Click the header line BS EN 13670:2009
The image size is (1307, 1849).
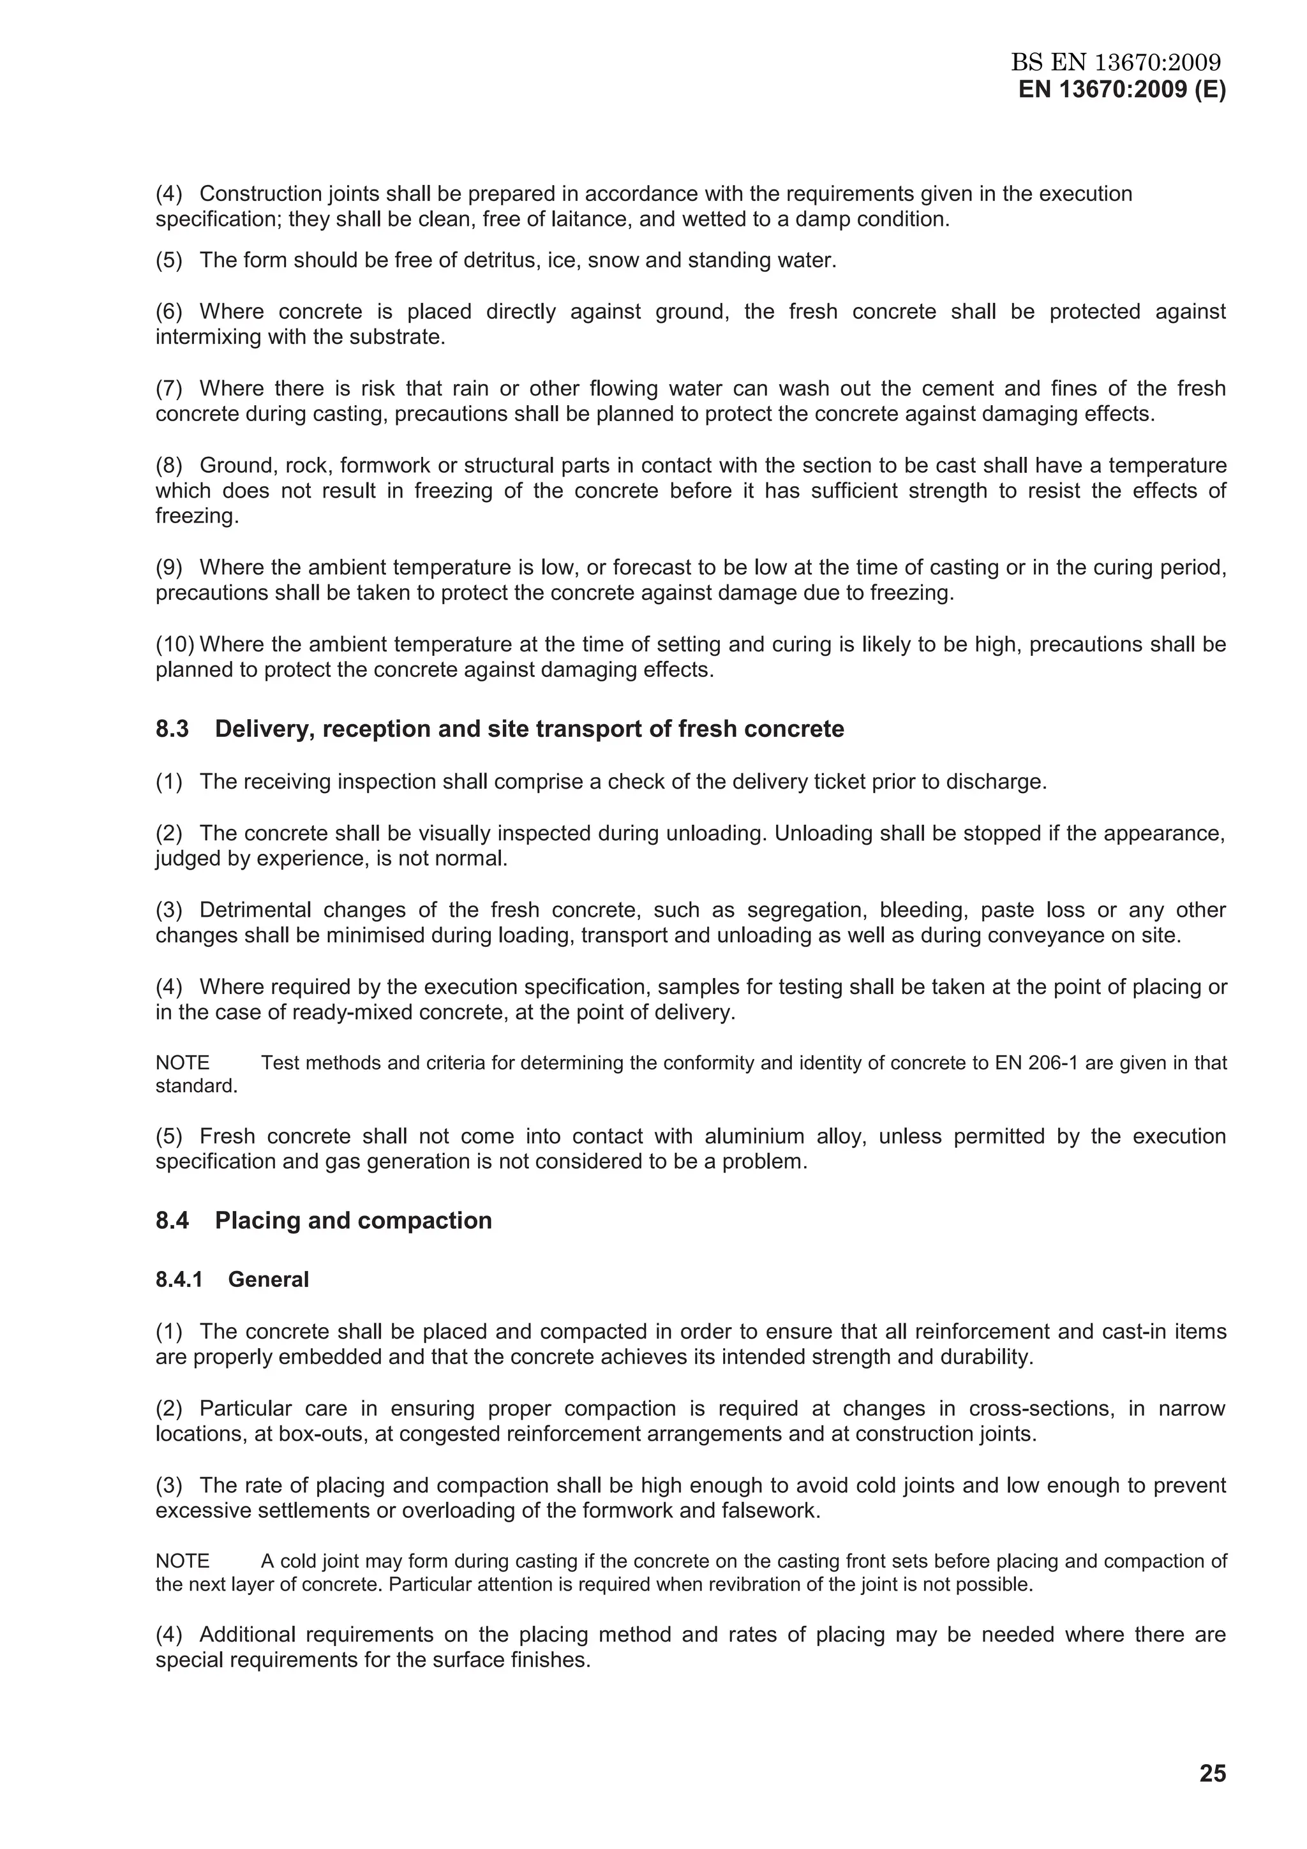(1116, 62)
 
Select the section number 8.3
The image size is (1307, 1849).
(172, 729)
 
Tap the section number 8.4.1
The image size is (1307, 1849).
(179, 1280)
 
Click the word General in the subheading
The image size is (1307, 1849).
(268, 1280)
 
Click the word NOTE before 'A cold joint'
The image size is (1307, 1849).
(182, 1561)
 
